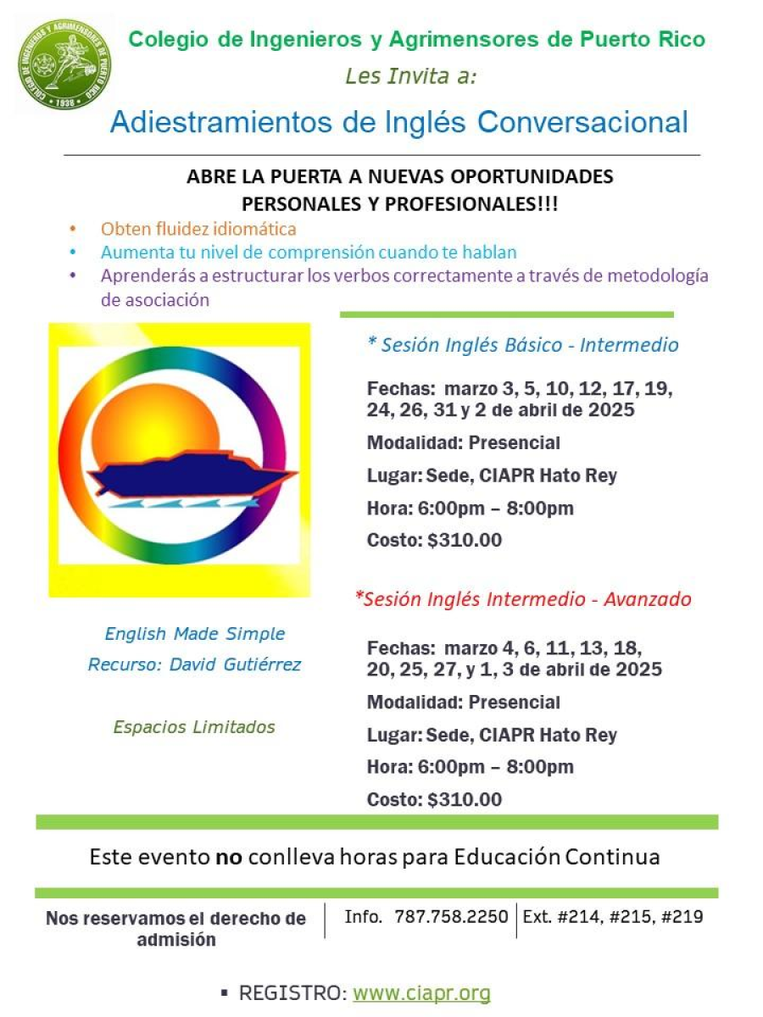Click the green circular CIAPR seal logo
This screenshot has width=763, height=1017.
64,65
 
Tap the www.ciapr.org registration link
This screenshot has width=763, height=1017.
421,992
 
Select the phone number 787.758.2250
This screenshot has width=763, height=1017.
451,916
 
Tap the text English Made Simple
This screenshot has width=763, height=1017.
194,634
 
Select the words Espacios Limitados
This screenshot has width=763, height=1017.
194,726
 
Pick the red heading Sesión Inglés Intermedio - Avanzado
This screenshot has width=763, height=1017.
523,599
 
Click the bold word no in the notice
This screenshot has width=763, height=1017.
229,856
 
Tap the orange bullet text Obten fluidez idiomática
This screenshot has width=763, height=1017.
198,229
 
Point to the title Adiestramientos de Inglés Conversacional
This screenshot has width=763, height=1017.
398,122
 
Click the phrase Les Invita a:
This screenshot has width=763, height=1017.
411,76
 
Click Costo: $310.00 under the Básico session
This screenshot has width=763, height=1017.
434,540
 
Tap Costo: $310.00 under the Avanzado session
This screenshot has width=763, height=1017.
434,799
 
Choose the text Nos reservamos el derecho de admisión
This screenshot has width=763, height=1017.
176,928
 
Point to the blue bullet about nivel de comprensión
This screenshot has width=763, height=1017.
309,252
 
